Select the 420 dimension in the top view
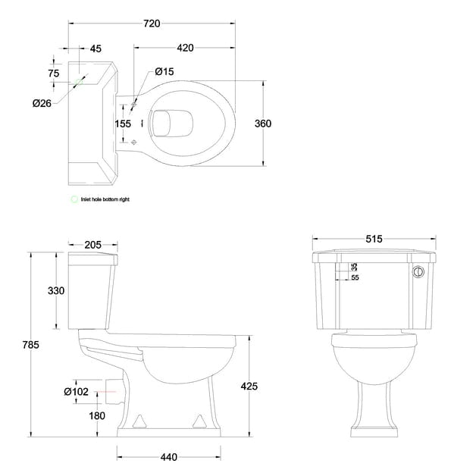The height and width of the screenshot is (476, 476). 184,48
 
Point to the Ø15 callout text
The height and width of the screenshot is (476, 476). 164,71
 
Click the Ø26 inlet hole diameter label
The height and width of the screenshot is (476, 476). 42,103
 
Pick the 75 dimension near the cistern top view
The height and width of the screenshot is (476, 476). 53,74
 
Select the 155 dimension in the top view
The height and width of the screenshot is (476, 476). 123,124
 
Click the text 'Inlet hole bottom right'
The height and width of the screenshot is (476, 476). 107,199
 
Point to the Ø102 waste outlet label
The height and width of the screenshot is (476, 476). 77,391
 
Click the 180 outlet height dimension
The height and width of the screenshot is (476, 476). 96,415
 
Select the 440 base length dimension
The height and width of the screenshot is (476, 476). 168,456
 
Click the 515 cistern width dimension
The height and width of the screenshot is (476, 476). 374,238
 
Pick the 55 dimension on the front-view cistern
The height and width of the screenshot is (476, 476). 355,278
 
